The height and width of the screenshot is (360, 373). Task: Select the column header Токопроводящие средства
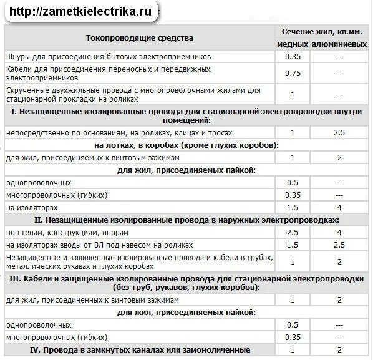click(x=140, y=38)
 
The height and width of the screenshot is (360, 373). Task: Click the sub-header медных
click(x=293, y=44)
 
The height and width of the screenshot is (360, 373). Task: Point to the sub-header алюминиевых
click(x=339, y=44)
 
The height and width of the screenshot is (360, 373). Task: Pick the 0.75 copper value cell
click(x=293, y=73)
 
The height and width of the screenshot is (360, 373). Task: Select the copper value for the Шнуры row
click(x=293, y=56)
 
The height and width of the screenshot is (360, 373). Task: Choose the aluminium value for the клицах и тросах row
click(x=339, y=133)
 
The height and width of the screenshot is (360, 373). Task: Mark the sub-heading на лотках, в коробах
click(x=186, y=145)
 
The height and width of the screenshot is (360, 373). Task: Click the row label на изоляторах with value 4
click(x=32, y=207)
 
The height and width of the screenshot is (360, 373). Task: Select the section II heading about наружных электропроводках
click(x=186, y=220)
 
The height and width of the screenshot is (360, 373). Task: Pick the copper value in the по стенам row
click(x=293, y=232)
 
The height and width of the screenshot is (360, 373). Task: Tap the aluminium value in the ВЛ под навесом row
click(x=339, y=244)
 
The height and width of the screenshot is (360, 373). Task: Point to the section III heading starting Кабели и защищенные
click(x=186, y=283)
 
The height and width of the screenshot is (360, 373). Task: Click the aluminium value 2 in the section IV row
click(x=339, y=349)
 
